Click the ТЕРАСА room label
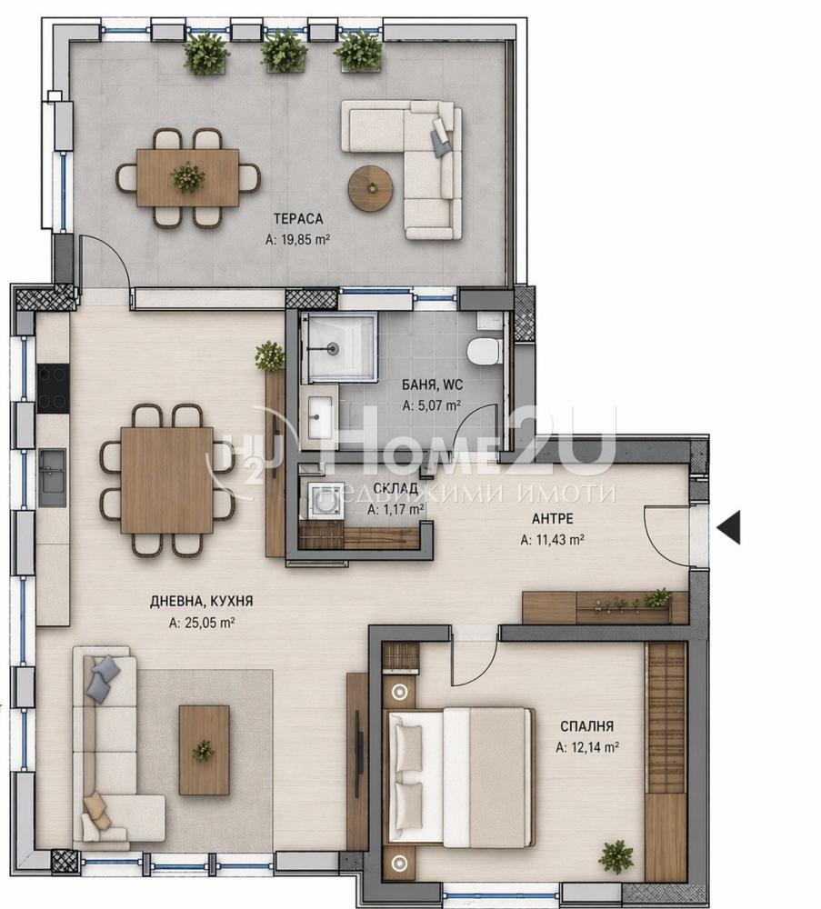click(298, 218)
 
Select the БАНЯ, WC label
click(432, 385)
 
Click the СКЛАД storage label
click(395, 488)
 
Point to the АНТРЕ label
click(553, 518)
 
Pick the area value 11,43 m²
click(552, 540)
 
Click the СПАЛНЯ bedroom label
click(586, 725)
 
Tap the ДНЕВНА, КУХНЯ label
click(201, 601)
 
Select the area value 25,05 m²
click(201, 623)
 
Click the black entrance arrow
click(729, 528)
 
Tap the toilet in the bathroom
click(484, 351)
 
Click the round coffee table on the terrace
click(370, 188)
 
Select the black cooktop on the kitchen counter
click(54, 388)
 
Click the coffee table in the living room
click(204, 750)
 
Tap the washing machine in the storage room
click(324, 499)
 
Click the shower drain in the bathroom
click(333, 348)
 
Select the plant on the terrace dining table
click(188, 177)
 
